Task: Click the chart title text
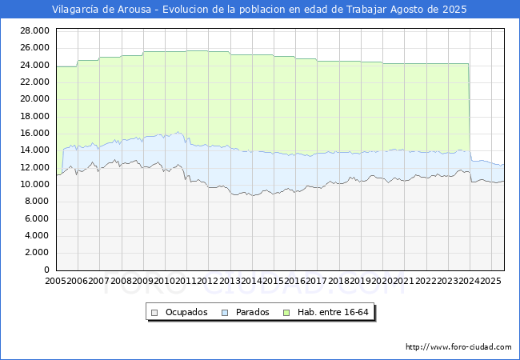(x=259, y=10)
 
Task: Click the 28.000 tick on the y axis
(x=36, y=30)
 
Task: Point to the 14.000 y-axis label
(x=36, y=150)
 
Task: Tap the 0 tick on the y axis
(x=48, y=270)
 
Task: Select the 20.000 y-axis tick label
(x=36, y=99)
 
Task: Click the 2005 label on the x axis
(x=57, y=282)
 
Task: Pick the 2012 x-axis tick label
(x=208, y=282)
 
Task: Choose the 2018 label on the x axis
(x=338, y=282)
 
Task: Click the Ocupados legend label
(x=186, y=312)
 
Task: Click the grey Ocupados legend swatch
(x=154, y=312)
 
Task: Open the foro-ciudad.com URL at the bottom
(x=458, y=347)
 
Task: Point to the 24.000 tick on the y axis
(x=36, y=65)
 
